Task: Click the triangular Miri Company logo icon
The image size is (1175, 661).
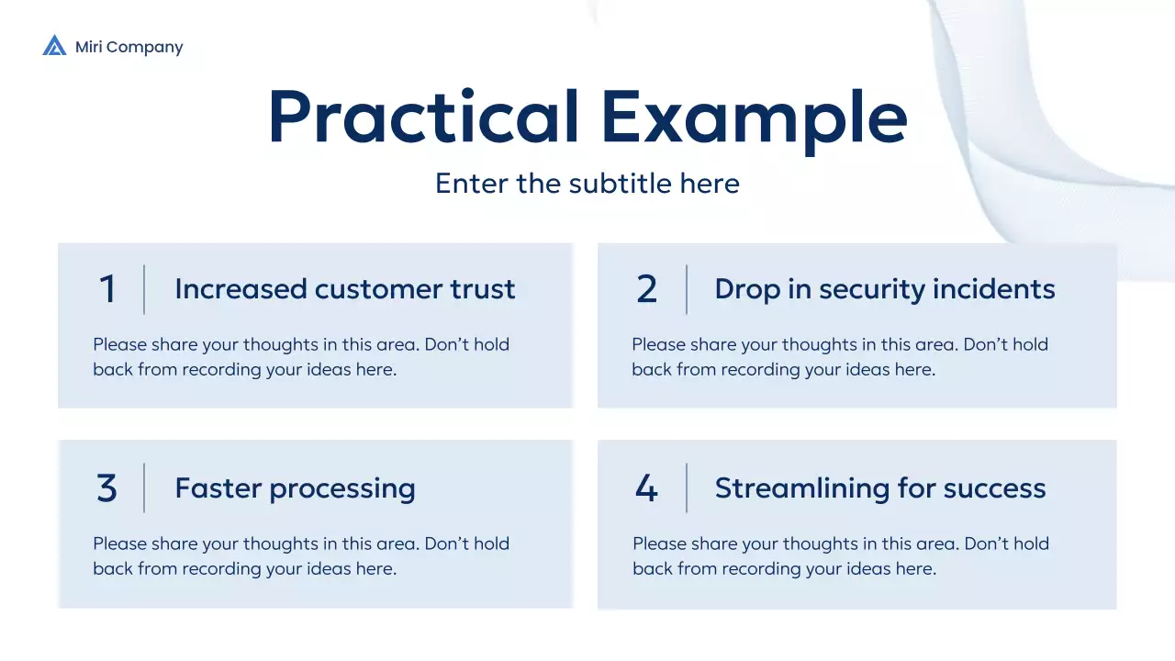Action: [54, 46]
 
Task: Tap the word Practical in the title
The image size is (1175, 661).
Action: [423, 118]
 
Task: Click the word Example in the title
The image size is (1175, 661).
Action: [754, 118]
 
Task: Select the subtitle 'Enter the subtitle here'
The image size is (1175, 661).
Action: [587, 183]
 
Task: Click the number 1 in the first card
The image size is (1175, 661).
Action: [107, 290]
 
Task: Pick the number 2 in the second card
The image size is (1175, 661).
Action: [646, 290]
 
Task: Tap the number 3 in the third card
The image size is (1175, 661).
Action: [107, 488]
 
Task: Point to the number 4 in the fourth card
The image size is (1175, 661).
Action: [646, 488]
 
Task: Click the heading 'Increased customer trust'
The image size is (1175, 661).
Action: [344, 289]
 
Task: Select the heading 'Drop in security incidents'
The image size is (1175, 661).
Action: [885, 289]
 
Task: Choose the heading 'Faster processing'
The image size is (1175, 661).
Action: [295, 488]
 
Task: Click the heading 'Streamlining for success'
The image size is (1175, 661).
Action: [880, 488]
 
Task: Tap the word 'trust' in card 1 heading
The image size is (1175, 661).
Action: [482, 289]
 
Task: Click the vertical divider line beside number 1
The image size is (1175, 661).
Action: [144, 290]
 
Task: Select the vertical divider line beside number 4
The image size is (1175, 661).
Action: [687, 488]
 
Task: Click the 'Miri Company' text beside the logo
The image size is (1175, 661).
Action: [129, 47]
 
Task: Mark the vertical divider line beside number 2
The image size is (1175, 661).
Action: [687, 290]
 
